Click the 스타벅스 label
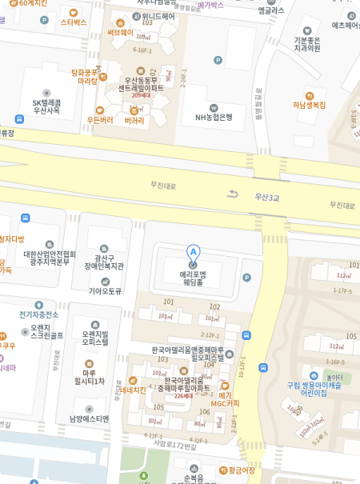(x=74, y=22)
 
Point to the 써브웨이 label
(x=121, y=32)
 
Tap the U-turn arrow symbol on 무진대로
(x=233, y=194)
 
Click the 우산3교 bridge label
(x=267, y=196)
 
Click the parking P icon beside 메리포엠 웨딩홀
(x=246, y=278)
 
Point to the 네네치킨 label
(x=131, y=390)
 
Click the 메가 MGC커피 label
(x=225, y=398)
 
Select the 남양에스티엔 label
(x=89, y=418)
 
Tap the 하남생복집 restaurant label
(x=308, y=105)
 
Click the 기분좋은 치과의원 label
(x=306, y=44)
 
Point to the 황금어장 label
(x=240, y=470)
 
